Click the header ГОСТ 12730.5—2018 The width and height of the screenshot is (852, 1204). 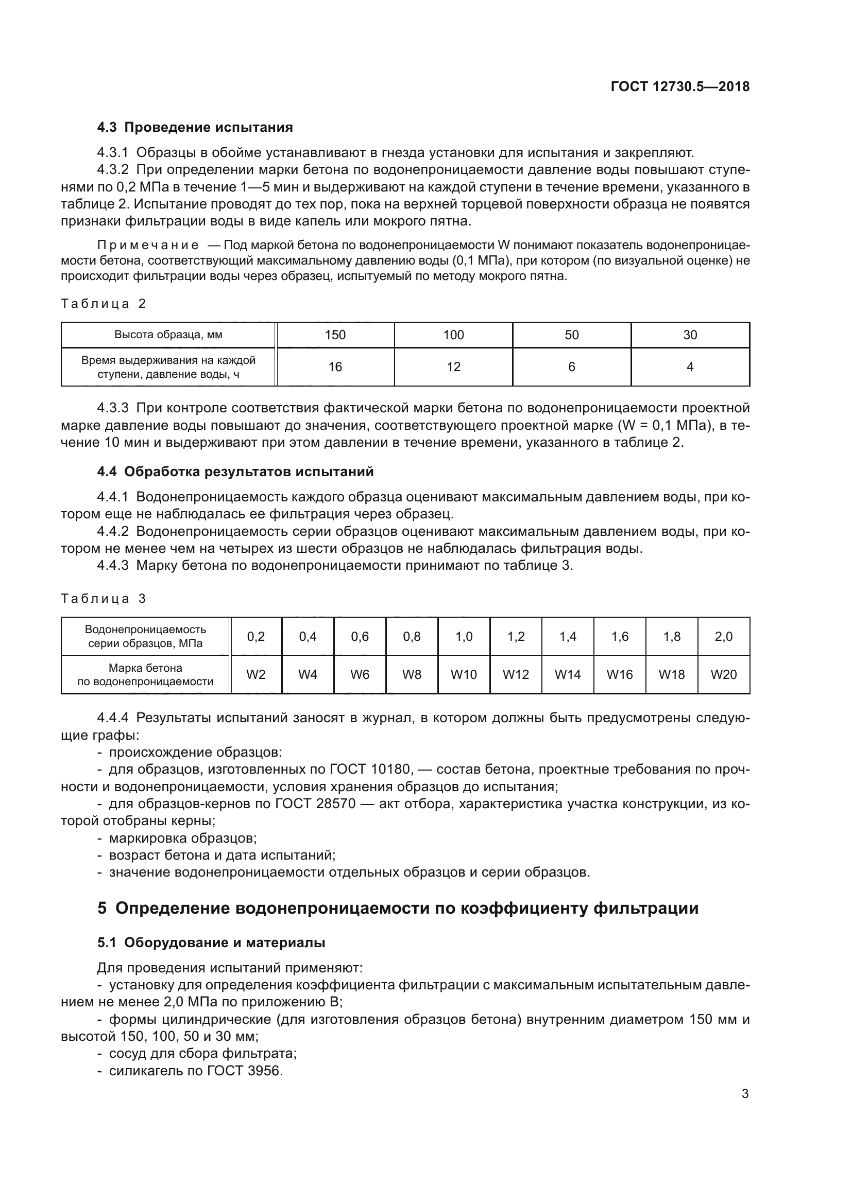680,86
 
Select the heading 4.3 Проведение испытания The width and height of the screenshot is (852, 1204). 195,128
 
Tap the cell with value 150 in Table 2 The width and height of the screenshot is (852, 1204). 335,335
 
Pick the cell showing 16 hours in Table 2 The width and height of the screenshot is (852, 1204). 335,367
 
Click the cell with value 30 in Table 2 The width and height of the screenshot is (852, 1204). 690,335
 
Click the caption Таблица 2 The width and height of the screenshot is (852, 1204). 104,304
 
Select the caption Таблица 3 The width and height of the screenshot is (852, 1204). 104,599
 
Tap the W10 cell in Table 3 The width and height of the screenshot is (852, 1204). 464,675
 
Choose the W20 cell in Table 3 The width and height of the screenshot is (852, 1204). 723,675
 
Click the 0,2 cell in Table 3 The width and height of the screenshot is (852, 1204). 256,637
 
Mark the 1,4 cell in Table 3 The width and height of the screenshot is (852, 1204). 568,637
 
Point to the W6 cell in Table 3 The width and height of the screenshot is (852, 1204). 360,675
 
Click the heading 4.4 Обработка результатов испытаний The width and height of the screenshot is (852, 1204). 235,472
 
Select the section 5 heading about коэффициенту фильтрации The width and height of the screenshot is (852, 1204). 398,908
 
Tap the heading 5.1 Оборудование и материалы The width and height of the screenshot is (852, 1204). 211,943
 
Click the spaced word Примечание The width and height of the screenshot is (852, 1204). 148,246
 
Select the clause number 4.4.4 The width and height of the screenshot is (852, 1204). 113,718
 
